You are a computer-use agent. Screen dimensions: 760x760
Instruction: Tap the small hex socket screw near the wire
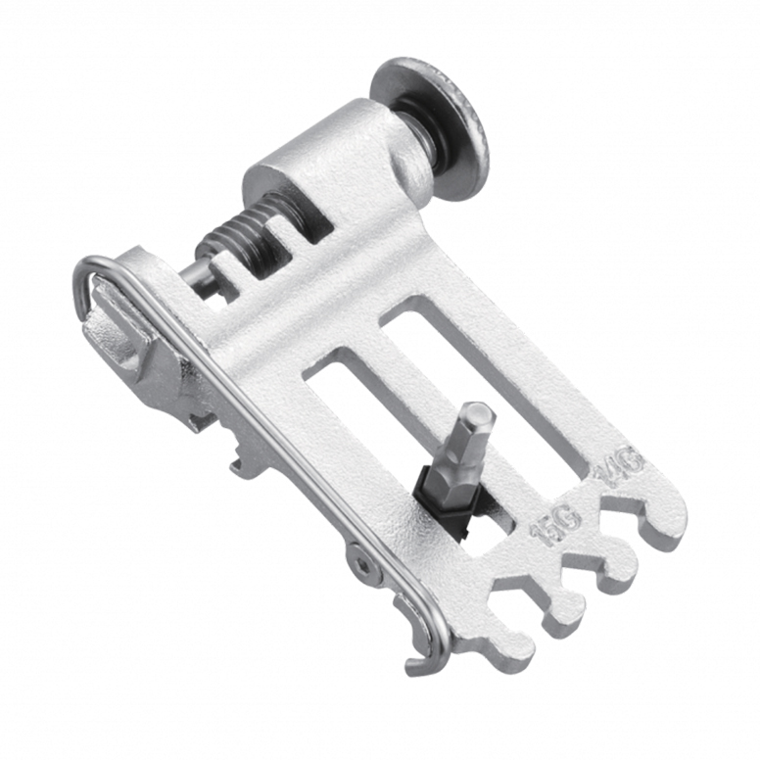[363, 564]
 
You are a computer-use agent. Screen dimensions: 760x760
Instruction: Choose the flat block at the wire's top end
[118, 333]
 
